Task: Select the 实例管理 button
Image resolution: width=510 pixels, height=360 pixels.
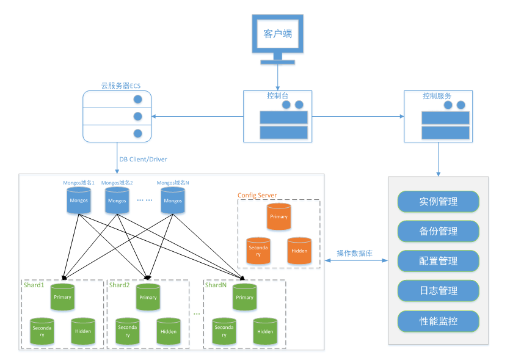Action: (439, 202)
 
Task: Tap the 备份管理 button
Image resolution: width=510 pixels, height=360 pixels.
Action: (439, 232)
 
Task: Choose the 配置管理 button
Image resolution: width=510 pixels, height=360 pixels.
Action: (439, 261)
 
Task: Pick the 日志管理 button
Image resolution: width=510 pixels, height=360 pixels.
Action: (439, 291)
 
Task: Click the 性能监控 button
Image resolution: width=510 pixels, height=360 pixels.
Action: (439, 320)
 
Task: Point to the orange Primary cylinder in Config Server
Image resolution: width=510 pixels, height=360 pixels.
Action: (279, 217)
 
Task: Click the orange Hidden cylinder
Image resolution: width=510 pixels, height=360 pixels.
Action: (299, 251)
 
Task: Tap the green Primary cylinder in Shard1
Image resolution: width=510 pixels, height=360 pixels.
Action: (62, 297)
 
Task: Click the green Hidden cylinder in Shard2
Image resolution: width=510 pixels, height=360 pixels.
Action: (169, 331)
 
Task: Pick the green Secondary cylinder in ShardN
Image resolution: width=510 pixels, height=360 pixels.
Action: (224, 331)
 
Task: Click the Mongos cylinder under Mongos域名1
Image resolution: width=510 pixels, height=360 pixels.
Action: (78, 200)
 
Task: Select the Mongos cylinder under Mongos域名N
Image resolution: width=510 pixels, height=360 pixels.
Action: (173, 200)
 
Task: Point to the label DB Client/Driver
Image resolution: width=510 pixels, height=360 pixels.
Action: (143, 160)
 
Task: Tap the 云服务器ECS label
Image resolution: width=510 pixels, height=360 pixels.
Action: (121, 86)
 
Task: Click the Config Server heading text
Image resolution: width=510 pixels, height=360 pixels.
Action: (257, 196)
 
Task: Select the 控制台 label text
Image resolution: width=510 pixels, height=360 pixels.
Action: (277, 97)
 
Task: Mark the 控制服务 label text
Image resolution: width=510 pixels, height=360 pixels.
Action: (437, 96)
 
